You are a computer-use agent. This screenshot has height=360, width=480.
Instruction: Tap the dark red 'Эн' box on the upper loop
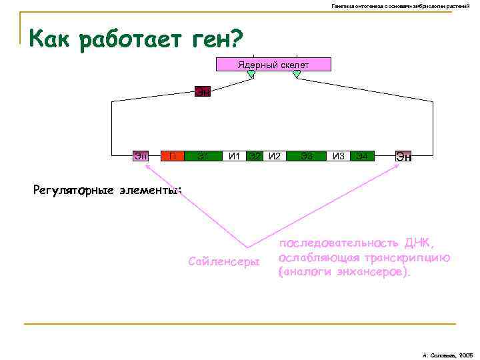click(x=203, y=91)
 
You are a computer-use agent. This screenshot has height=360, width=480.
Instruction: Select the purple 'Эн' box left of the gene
click(x=141, y=157)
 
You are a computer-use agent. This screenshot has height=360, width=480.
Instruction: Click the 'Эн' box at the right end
click(x=403, y=157)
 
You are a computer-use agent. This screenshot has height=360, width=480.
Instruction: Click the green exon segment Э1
click(x=203, y=157)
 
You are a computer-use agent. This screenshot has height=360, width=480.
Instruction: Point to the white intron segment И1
click(x=234, y=157)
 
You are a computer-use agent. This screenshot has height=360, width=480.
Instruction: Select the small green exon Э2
click(x=254, y=157)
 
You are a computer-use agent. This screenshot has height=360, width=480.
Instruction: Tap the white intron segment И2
click(x=274, y=157)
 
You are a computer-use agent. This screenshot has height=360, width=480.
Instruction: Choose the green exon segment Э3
click(x=307, y=157)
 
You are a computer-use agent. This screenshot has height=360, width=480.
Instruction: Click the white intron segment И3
click(x=339, y=157)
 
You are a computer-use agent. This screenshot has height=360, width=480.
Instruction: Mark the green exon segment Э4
click(x=362, y=157)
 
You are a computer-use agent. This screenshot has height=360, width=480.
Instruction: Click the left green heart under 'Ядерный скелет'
click(x=251, y=75)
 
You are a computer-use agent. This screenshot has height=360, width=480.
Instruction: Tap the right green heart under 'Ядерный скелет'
click(x=297, y=75)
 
